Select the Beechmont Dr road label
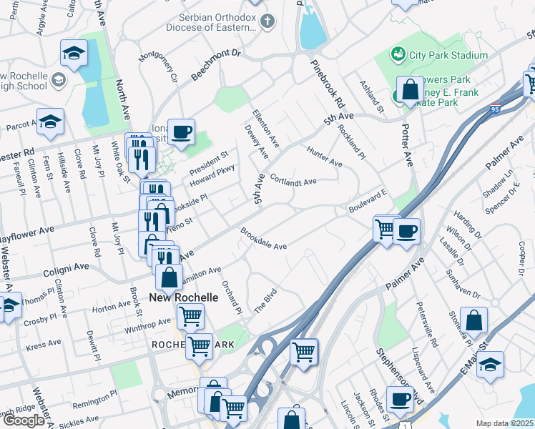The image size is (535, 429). coord(217,64)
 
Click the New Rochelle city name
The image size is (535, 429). coord(183,297)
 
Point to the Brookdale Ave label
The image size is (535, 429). coord(263,240)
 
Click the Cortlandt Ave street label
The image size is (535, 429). coord(294,182)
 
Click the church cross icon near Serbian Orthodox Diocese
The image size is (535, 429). coord(267,20)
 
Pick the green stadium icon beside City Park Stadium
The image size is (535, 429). coord(397,54)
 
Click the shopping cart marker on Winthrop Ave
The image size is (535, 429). coord(190,315)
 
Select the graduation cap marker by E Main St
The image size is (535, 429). coord(490,364)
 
